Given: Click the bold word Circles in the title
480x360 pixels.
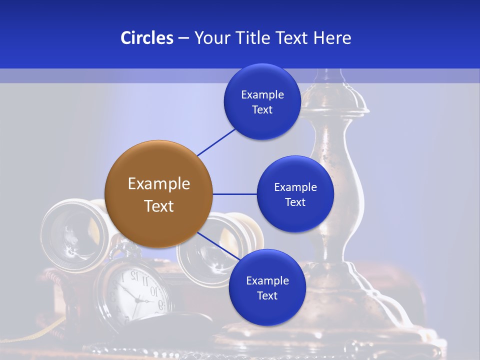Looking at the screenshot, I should click(x=146, y=38).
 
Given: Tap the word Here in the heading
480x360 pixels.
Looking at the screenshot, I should click(x=332, y=38).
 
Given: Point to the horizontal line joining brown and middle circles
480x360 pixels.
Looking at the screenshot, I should click(x=234, y=194).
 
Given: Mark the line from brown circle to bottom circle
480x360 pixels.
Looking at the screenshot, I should click(x=219, y=246).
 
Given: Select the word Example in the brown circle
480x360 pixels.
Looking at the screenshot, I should click(x=158, y=184).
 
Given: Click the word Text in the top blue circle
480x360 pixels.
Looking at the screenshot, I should click(x=262, y=110).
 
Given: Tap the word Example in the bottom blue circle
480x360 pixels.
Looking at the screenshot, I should click(x=267, y=280).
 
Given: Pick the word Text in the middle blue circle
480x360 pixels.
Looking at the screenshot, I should click(x=295, y=202).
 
